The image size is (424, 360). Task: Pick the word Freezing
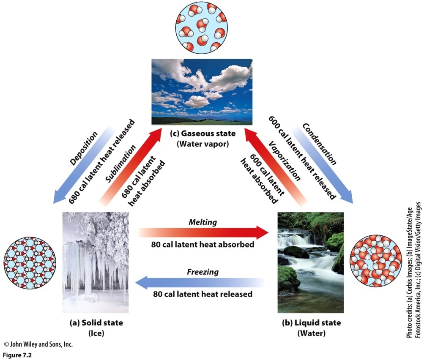coord(202,272)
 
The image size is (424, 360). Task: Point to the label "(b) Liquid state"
coord(311,323)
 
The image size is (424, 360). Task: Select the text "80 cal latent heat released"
coord(202,294)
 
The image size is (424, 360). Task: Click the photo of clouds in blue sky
coord(202,91)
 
